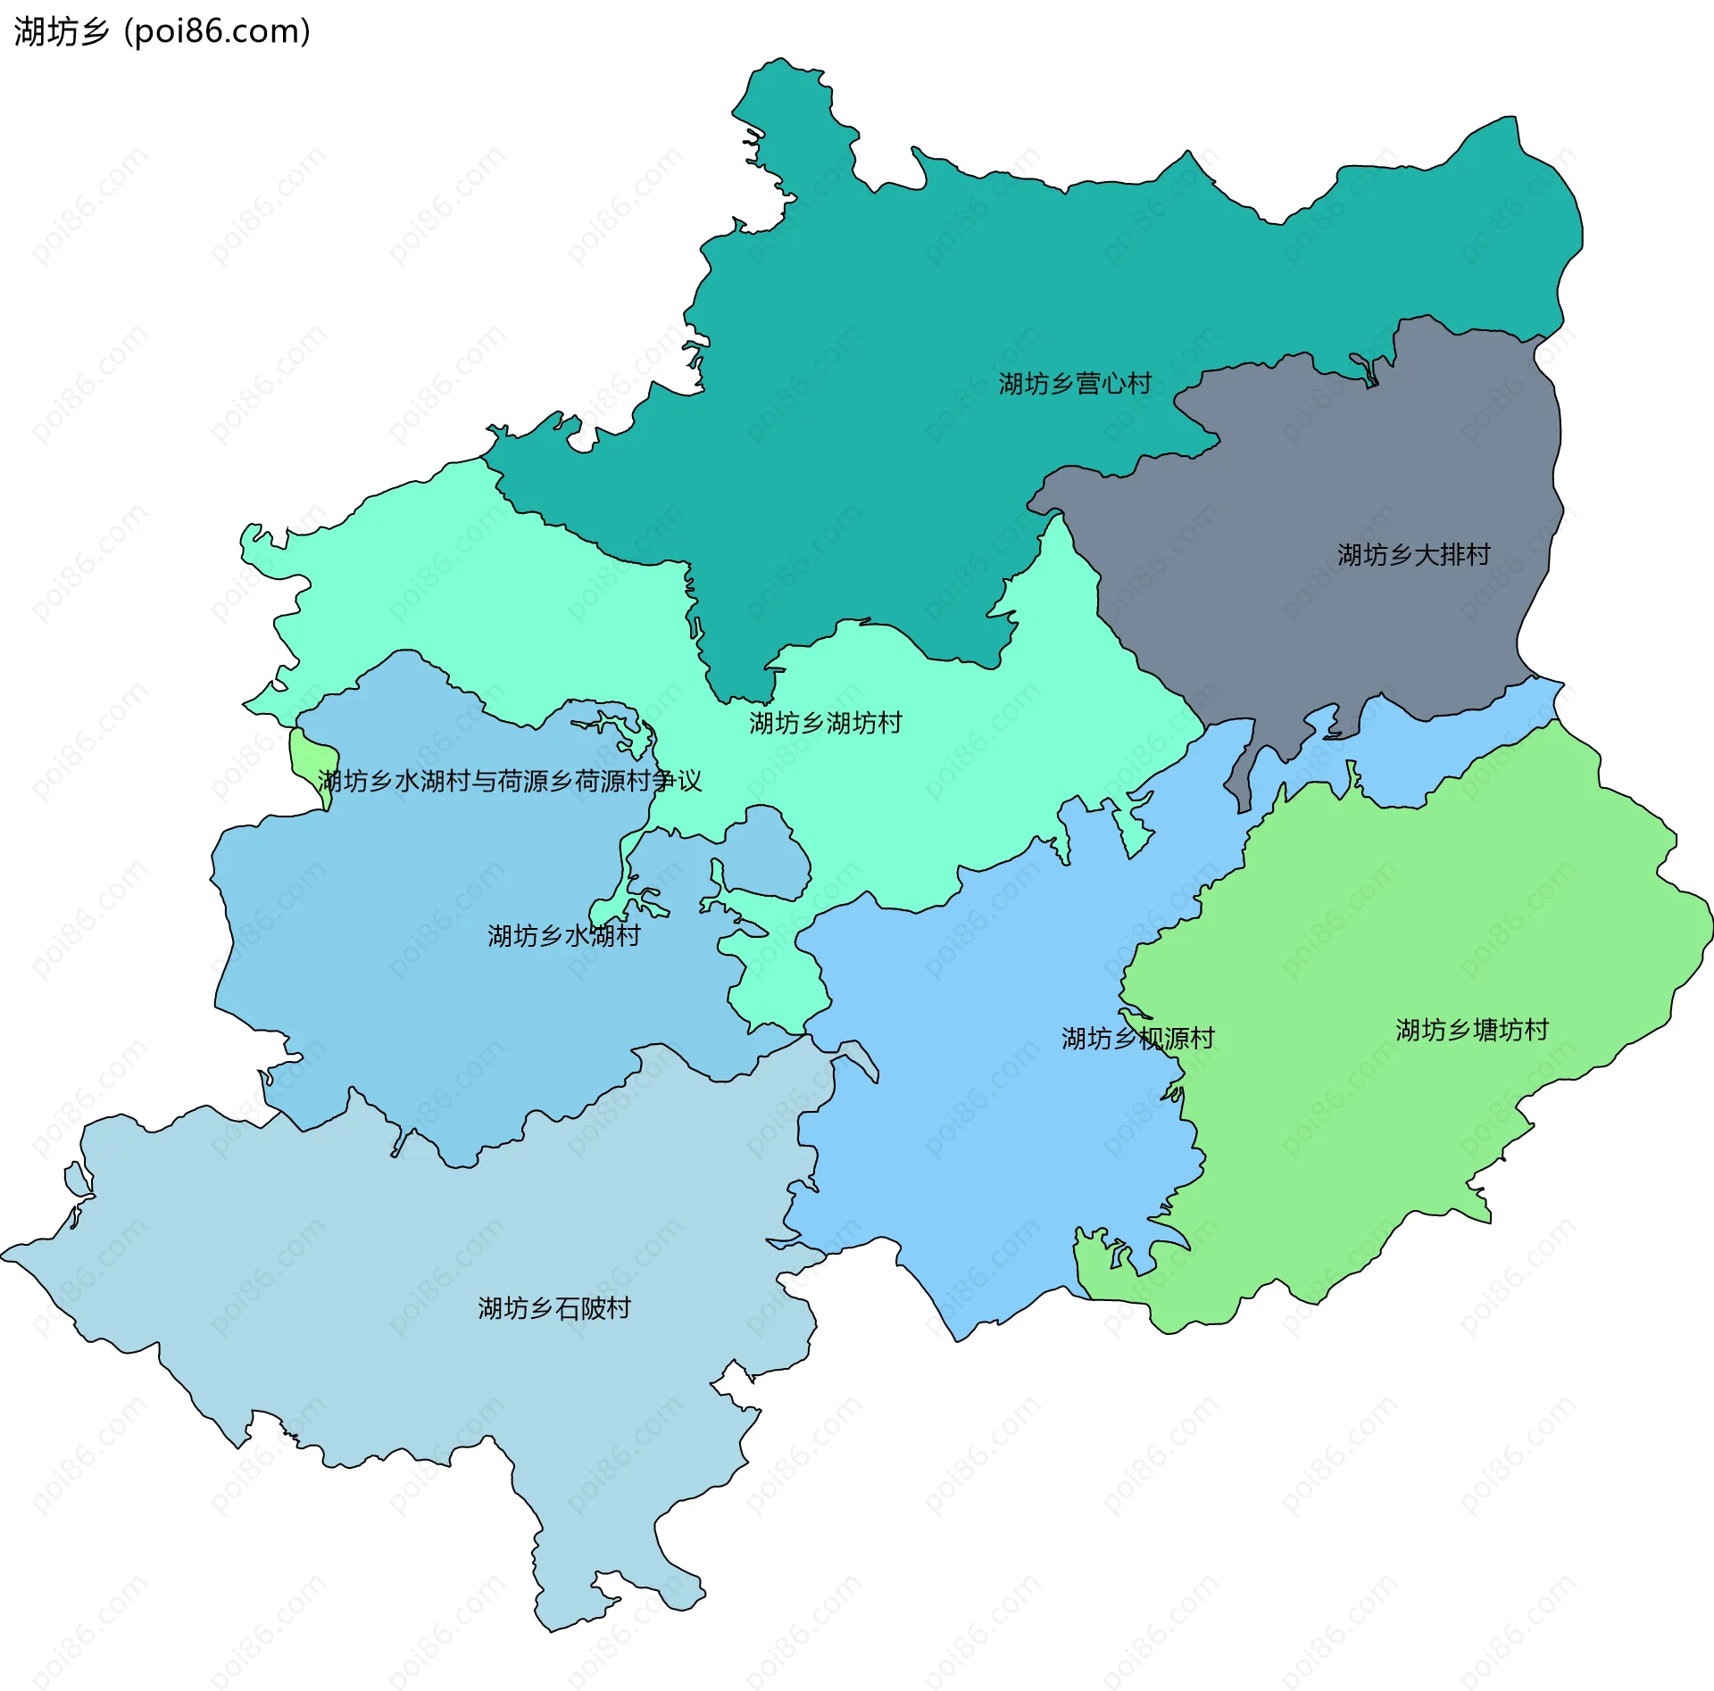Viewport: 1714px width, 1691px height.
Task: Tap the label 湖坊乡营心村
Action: (x=1075, y=384)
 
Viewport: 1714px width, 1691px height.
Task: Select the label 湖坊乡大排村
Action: (x=1413, y=554)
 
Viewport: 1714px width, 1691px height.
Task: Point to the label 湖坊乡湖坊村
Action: (x=825, y=722)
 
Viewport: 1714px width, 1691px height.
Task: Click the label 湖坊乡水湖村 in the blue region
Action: (x=563, y=935)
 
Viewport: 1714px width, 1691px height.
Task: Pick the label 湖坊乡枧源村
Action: (x=1137, y=1038)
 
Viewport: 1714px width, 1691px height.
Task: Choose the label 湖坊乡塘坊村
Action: (x=1471, y=1030)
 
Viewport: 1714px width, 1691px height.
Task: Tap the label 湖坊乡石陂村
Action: (x=553, y=1308)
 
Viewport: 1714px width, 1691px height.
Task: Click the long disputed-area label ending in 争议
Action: (x=510, y=781)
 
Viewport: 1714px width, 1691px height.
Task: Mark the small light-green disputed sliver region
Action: (x=309, y=755)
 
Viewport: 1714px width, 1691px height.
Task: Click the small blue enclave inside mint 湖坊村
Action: (x=768, y=852)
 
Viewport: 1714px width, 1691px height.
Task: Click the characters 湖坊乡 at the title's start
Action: (x=61, y=31)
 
